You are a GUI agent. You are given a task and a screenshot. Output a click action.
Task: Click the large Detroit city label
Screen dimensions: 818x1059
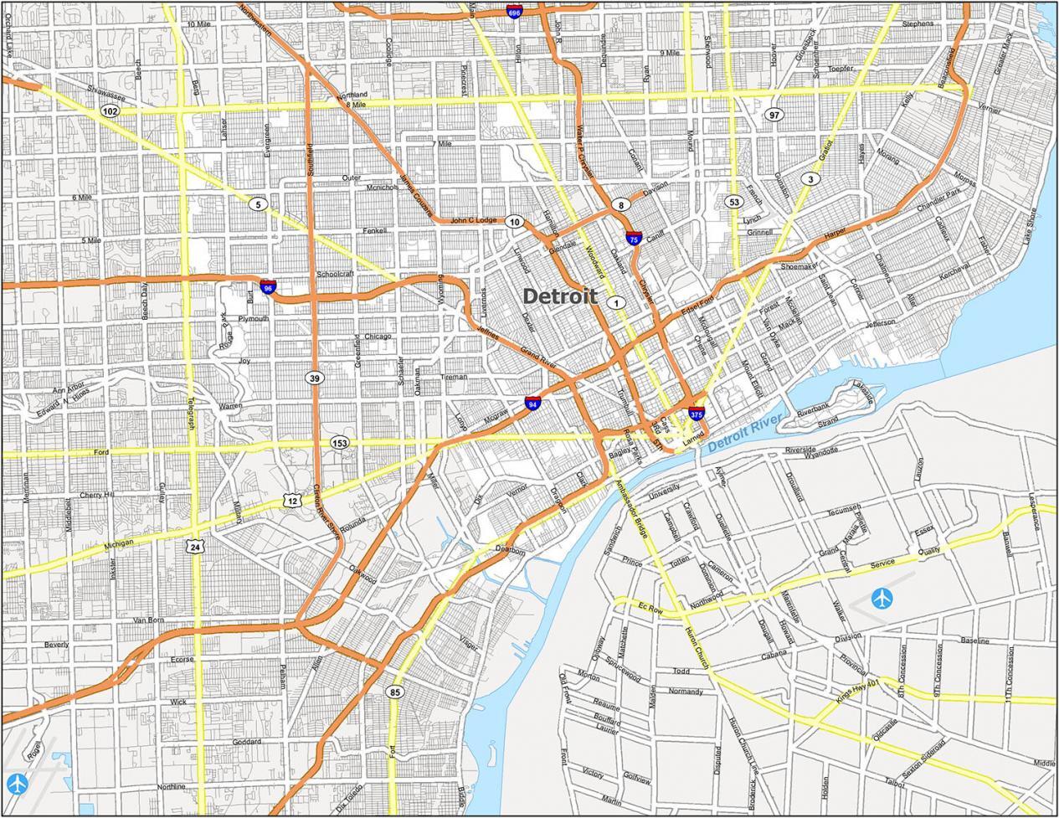click(x=559, y=296)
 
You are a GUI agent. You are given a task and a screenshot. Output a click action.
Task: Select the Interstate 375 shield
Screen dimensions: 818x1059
click(x=697, y=413)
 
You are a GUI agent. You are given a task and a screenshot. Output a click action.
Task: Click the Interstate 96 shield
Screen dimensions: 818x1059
click(x=268, y=287)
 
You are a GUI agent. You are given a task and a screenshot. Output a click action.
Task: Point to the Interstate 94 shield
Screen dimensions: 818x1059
click(x=532, y=404)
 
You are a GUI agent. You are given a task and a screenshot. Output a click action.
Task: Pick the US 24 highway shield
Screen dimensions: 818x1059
click(x=194, y=547)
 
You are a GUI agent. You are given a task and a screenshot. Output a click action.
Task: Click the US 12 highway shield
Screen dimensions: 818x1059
click(x=290, y=500)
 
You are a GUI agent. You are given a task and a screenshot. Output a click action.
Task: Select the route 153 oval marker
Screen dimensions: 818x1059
click(x=339, y=442)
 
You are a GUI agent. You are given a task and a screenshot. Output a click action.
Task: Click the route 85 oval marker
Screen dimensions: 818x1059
click(x=394, y=692)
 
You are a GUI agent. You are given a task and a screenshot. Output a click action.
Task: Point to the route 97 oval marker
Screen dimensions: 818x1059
click(x=774, y=114)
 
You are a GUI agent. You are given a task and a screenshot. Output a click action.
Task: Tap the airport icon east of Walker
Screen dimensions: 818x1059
click(x=882, y=599)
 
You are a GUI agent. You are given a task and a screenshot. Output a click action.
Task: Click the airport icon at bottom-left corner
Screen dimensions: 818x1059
click(x=17, y=784)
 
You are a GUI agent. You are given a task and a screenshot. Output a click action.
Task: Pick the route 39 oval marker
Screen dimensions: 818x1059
click(x=314, y=378)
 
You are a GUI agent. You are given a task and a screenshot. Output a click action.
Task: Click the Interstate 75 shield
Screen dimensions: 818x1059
click(x=634, y=239)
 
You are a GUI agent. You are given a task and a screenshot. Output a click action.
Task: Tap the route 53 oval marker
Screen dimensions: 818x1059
click(x=733, y=202)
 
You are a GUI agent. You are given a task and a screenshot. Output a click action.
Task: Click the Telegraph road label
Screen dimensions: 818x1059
click(x=191, y=414)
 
